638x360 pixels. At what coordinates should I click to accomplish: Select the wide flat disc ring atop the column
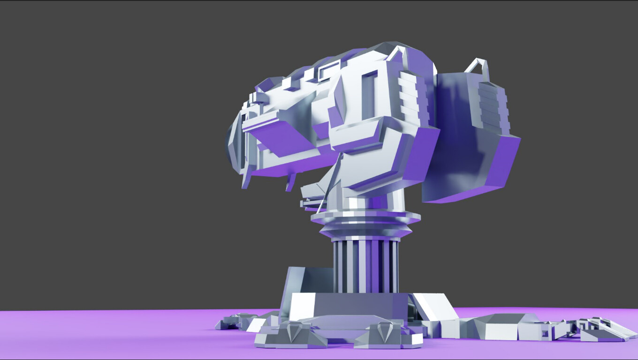(365, 217)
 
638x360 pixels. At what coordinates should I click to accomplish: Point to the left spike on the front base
(295, 332)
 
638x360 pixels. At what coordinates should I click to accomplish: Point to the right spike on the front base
(387, 332)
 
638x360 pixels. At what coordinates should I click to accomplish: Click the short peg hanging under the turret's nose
(291, 182)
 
